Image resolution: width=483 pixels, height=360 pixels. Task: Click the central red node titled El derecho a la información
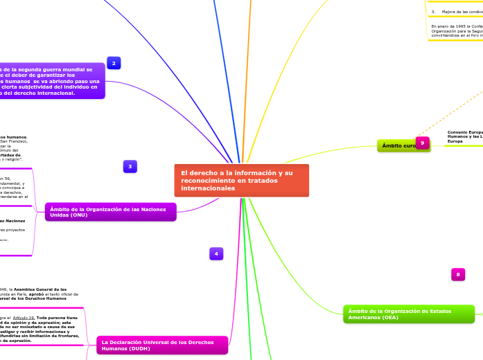[241, 180]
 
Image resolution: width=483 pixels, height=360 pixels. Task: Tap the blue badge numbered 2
[114, 63]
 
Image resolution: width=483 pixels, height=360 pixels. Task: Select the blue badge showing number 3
[130, 166]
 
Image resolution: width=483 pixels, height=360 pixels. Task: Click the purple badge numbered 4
[216, 254]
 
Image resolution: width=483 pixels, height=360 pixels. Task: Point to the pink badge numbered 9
[422, 142]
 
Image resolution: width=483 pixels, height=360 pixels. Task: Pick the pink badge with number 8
[457, 275]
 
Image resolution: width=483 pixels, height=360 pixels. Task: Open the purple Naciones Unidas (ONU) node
[111, 212]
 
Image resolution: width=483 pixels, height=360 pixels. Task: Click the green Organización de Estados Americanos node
[409, 314]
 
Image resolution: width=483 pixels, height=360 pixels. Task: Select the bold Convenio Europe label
[465, 132]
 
